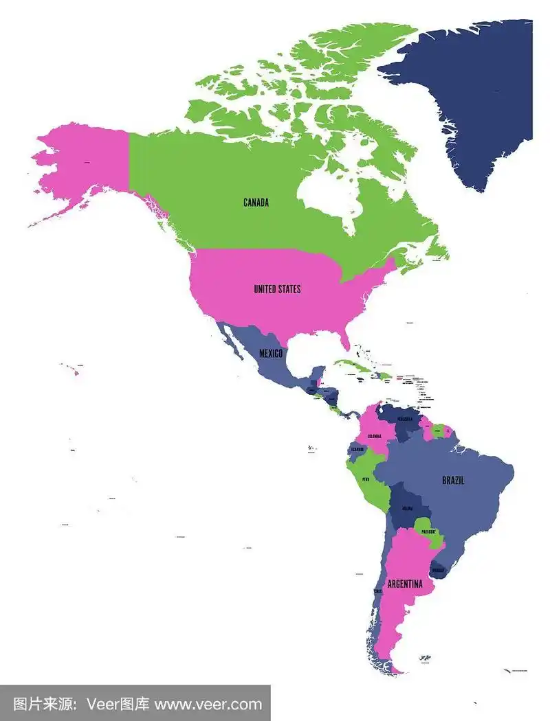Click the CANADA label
click(256, 203)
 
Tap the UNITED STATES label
click(277, 289)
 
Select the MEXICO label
click(271, 353)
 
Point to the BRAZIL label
click(452, 481)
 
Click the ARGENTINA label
click(404, 584)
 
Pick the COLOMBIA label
click(374, 437)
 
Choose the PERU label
click(366, 479)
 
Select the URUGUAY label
click(437, 570)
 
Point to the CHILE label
click(377, 591)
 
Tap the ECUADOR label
click(357, 450)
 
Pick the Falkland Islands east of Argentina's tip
click(425, 658)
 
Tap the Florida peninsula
click(346, 340)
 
